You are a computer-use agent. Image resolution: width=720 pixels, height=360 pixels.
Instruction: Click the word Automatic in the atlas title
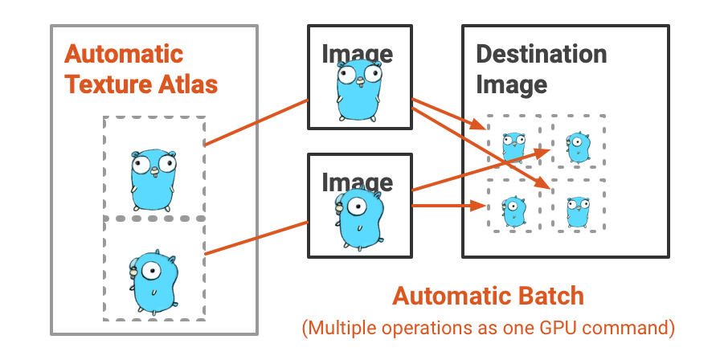click(x=124, y=55)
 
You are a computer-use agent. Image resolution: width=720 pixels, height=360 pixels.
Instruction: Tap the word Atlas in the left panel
click(x=188, y=84)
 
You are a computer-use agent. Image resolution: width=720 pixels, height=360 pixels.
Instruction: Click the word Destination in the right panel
click(x=541, y=55)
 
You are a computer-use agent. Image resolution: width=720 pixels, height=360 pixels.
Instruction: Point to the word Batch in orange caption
click(x=550, y=297)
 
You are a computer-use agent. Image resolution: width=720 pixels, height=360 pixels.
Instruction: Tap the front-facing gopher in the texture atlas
click(x=153, y=178)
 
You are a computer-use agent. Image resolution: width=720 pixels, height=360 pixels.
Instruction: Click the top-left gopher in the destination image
click(x=513, y=145)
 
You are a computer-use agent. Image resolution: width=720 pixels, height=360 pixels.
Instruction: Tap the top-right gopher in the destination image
click(x=578, y=145)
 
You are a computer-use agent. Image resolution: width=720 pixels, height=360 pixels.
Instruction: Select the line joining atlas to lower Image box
click(x=257, y=237)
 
